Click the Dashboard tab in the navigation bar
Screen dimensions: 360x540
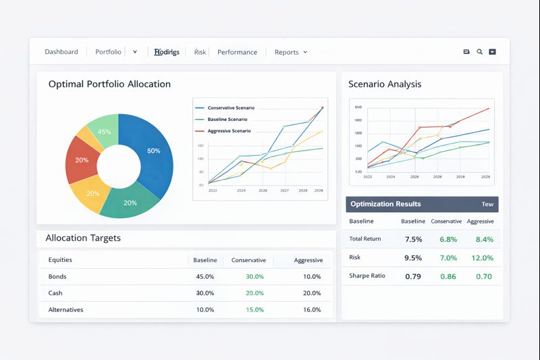pyautogui.click(x=61, y=52)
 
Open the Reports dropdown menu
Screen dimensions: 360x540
pyautogui.click(x=290, y=52)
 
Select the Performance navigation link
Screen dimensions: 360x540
pyautogui.click(x=237, y=52)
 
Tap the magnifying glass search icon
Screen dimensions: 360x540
pyautogui.click(x=479, y=52)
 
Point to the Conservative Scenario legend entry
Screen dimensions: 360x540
pyautogui.click(x=230, y=108)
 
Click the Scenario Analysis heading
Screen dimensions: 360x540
pyautogui.click(x=385, y=84)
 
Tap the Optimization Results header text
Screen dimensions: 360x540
pyautogui.click(x=385, y=204)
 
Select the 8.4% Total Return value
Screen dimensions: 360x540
pyautogui.click(x=484, y=239)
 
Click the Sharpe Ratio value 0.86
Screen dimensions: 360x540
pyautogui.click(x=448, y=276)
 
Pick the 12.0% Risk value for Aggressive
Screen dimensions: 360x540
pyautogui.click(x=482, y=258)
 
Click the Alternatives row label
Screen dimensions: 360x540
pyautogui.click(x=66, y=310)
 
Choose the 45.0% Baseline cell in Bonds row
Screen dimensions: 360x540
pyautogui.click(x=205, y=277)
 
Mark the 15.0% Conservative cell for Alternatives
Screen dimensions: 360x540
pyautogui.click(x=254, y=310)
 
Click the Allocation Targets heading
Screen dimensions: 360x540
pyautogui.click(x=83, y=238)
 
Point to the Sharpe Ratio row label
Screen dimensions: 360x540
pyautogui.click(x=367, y=276)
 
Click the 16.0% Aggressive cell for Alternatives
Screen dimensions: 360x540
pyautogui.click(x=312, y=310)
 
